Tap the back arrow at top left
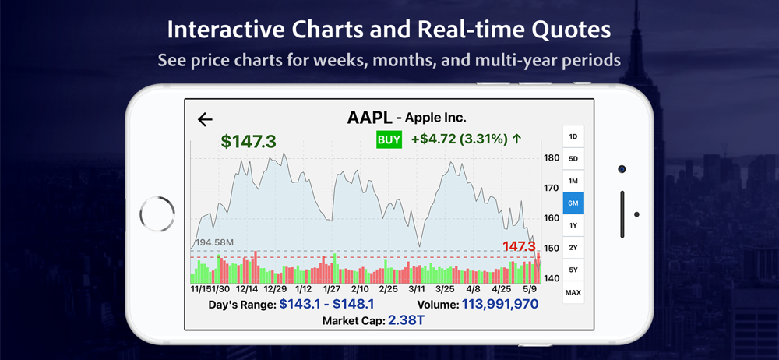[x=205, y=119]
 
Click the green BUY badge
[x=389, y=139]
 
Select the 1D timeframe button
[x=573, y=136]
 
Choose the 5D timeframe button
[x=573, y=159]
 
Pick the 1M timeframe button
[x=573, y=181]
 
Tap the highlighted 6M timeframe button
[x=573, y=203]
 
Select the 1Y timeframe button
[x=573, y=225]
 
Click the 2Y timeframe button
[x=573, y=248]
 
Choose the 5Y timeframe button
[x=573, y=270]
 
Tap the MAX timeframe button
[x=573, y=292]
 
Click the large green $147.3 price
[x=249, y=141]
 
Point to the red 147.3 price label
[x=519, y=246]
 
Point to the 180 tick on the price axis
[x=552, y=158]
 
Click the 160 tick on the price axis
[x=552, y=218]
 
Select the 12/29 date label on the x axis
[x=276, y=289]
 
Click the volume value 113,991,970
[x=500, y=304]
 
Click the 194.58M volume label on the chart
[x=214, y=242]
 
